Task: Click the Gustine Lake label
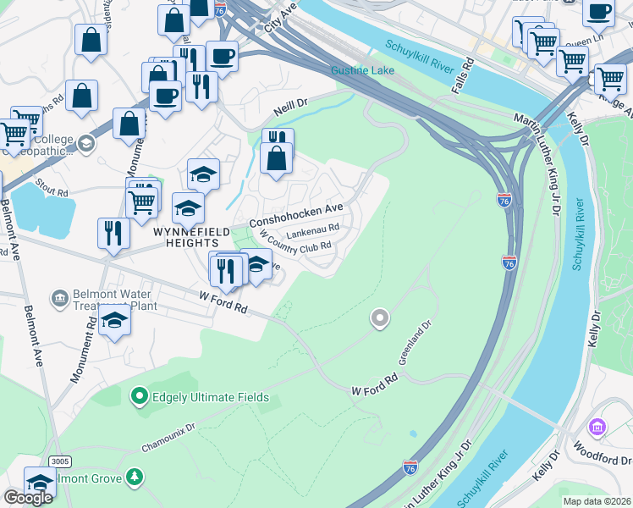pos(362,70)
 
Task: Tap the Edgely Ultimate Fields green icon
pos(138,396)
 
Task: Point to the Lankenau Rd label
pos(312,227)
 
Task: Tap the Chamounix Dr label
pos(168,422)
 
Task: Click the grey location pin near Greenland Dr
pos(380,318)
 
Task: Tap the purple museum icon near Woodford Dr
pos(599,427)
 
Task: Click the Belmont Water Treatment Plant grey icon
pos(59,297)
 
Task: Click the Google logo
pos(27,497)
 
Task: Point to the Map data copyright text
pos(597,501)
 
